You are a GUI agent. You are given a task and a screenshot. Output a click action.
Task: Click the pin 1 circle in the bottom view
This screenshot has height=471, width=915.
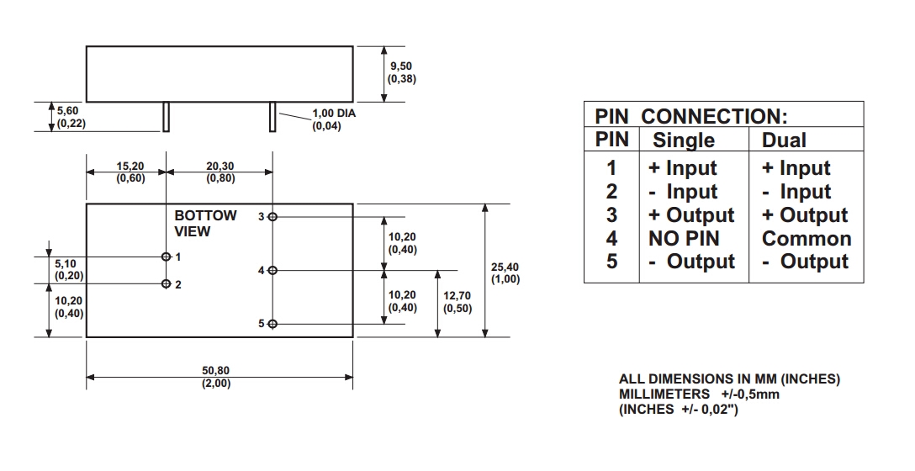(167, 257)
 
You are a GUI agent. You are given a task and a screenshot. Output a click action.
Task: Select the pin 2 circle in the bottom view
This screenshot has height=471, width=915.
(167, 284)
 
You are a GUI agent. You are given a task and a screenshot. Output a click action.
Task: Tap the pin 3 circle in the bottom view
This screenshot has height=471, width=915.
(272, 217)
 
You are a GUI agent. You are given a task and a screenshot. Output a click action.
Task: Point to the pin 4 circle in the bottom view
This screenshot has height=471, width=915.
(272, 270)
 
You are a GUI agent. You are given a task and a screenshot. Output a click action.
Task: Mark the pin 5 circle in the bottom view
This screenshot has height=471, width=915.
(272, 324)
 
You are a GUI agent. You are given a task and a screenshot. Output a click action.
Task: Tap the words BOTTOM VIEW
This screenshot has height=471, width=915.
(205, 223)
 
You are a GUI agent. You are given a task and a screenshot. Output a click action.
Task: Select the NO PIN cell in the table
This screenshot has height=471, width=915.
(684, 239)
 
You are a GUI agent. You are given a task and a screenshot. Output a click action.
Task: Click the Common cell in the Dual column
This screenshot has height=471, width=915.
(806, 239)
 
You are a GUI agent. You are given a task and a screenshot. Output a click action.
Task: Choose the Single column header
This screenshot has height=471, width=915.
(684, 140)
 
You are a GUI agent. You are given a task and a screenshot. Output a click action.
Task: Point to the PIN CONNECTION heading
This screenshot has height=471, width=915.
(690, 116)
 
